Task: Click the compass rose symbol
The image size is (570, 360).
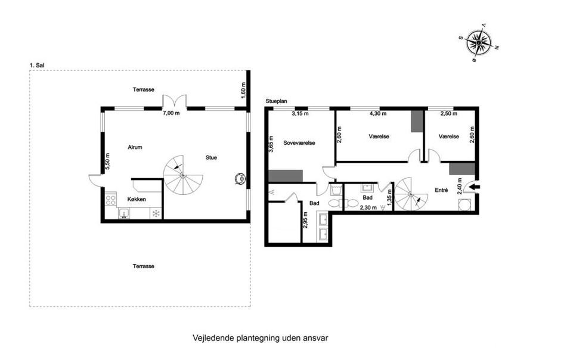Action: [x=479, y=42]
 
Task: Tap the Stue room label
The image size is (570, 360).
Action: [x=211, y=157]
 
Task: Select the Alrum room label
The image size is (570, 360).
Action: [x=135, y=147]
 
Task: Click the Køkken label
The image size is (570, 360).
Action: [x=137, y=199]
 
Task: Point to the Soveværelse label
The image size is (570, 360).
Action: [x=299, y=143]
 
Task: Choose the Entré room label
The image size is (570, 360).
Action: [x=441, y=190]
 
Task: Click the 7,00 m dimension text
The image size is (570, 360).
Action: [x=171, y=113]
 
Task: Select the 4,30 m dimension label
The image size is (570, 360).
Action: [x=378, y=113]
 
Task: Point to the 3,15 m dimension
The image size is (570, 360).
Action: [x=301, y=113]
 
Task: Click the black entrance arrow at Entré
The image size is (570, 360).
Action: [x=475, y=187]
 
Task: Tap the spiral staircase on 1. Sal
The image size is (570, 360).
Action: [x=183, y=175]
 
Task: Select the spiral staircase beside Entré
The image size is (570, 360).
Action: [x=411, y=194]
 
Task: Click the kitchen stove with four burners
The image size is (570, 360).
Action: [x=110, y=200]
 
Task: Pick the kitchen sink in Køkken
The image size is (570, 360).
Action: [x=124, y=213]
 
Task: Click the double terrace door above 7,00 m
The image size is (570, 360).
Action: [x=175, y=101]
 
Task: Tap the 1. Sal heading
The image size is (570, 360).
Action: [x=37, y=66]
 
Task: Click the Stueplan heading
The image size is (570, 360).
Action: [x=276, y=101]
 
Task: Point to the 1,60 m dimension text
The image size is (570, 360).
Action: [x=243, y=90]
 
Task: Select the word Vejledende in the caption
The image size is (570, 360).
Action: [x=213, y=338]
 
